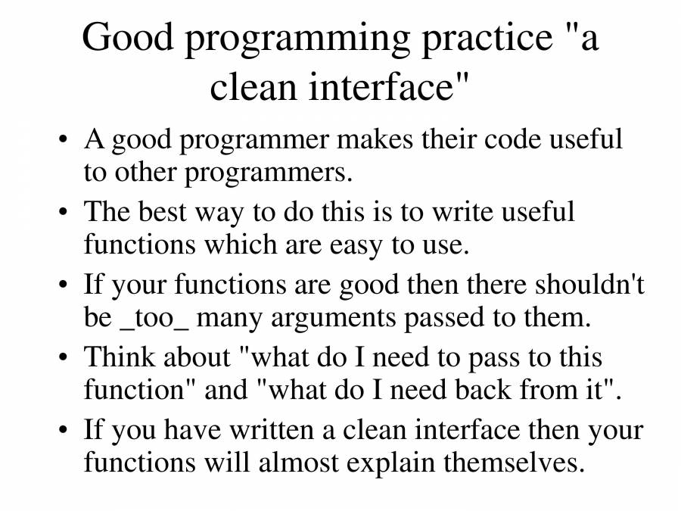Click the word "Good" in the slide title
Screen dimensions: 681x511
tap(128, 36)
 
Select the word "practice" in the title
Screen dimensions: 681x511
tap(487, 39)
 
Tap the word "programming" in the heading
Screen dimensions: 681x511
tap(297, 40)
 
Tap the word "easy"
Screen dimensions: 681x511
tap(356, 246)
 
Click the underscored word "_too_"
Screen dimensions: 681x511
tap(154, 319)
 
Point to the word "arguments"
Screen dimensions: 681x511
tap(333, 319)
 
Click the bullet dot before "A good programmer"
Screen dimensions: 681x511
tap(64, 140)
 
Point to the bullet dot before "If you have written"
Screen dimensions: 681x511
tap(64, 430)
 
